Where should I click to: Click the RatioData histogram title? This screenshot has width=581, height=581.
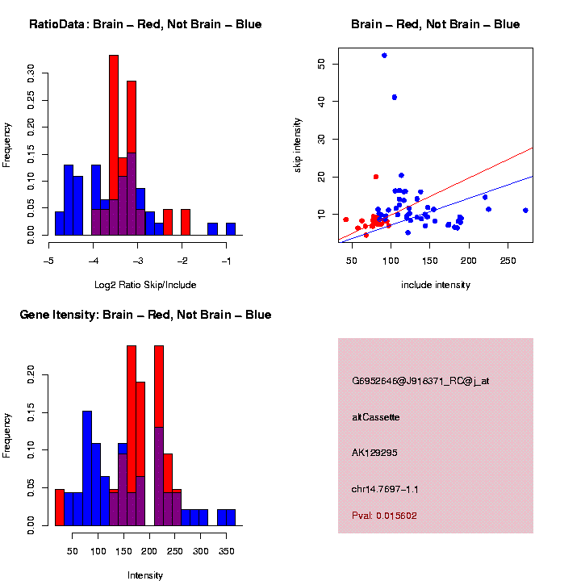tap(145, 24)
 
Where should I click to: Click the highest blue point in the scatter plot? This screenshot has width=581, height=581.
tap(384, 56)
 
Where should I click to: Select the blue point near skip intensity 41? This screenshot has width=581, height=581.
tap(395, 98)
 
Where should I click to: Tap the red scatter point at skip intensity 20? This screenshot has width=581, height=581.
tap(376, 177)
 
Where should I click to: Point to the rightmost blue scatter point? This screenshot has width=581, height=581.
tap(525, 211)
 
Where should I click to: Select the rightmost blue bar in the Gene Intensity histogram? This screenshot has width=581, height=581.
tap(231, 517)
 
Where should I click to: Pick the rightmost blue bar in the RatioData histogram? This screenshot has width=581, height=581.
tap(231, 229)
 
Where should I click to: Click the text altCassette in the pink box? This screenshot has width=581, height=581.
tap(376, 417)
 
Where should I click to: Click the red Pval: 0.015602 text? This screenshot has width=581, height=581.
tap(385, 516)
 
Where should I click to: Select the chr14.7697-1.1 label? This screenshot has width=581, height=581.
tap(385, 489)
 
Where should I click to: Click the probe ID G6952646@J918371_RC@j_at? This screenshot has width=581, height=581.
tap(420, 381)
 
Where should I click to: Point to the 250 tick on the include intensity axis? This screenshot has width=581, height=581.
tap(508, 261)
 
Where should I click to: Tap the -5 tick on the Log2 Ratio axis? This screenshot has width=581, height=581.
tap(48, 261)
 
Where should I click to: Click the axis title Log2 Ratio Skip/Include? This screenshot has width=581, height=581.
tap(145, 285)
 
